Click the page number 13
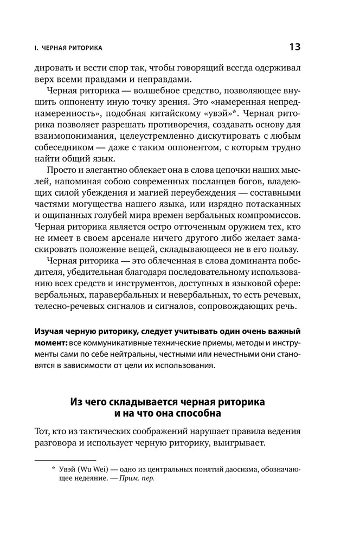pyautogui.click(x=294, y=47)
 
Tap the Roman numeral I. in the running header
pyautogui.click(x=35, y=49)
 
